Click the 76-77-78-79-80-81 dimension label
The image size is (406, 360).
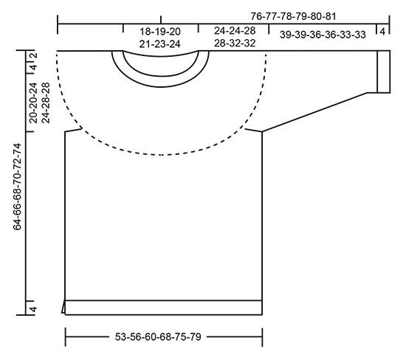tap(293, 16)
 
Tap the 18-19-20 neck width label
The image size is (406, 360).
tap(160, 32)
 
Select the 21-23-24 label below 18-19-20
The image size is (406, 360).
tap(159, 44)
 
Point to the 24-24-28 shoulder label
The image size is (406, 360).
tap(235, 30)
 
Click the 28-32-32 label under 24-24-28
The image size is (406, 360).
tap(235, 43)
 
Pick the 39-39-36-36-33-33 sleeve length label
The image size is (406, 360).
tap(323, 35)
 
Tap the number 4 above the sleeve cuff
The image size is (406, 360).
tap(382, 32)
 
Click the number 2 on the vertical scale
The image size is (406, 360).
tap(35, 55)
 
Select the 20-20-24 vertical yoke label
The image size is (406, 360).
tap(33, 103)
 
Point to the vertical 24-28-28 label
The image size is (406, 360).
tap(45, 103)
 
